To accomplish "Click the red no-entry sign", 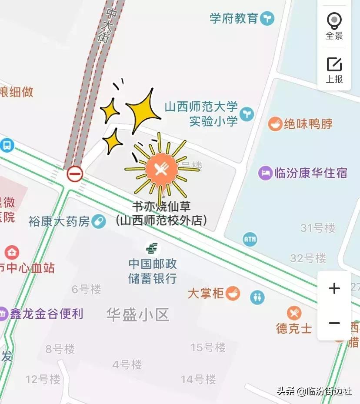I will [x=75, y=174].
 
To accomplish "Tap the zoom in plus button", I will [x=334, y=288].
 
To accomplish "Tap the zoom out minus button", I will [x=334, y=323].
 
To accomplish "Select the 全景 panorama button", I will [x=334, y=25].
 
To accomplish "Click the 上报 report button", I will [x=334, y=70].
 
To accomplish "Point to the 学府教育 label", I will [x=234, y=19].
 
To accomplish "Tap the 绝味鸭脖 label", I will [x=308, y=124].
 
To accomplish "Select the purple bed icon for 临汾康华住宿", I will [x=265, y=173].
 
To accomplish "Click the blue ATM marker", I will [x=250, y=239].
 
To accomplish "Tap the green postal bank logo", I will [x=152, y=249].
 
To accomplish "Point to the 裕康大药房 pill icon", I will [x=99, y=221].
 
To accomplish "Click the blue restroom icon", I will [x=257, y=297].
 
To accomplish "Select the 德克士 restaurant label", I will [x=294, y=328].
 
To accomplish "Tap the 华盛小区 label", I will [x=137, y=314].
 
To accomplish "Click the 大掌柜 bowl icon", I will [x=233, y=293].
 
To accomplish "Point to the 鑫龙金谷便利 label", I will [x=46, y=314].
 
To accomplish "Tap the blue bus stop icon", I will [x=7, y=145].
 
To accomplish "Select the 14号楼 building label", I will [x=198, y=379].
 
